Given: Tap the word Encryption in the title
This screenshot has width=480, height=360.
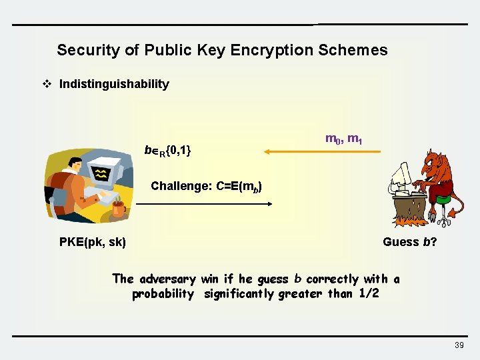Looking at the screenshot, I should point(269,50).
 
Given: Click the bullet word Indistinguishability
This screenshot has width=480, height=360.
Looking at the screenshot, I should point(114,84).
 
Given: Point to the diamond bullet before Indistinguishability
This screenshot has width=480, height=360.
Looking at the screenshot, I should point(47,84).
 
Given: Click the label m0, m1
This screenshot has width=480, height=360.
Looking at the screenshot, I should point(343,139).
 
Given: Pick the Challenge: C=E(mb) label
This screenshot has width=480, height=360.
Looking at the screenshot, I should point(206,186).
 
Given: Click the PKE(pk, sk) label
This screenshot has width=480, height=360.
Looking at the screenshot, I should point(92,242).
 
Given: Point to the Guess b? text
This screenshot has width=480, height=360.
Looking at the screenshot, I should point(409,242).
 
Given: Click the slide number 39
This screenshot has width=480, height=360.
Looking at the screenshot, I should point(459,345).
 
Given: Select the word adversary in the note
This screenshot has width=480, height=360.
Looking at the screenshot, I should point(167,279).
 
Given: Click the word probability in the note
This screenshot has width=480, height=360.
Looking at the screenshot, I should point(163,294).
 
